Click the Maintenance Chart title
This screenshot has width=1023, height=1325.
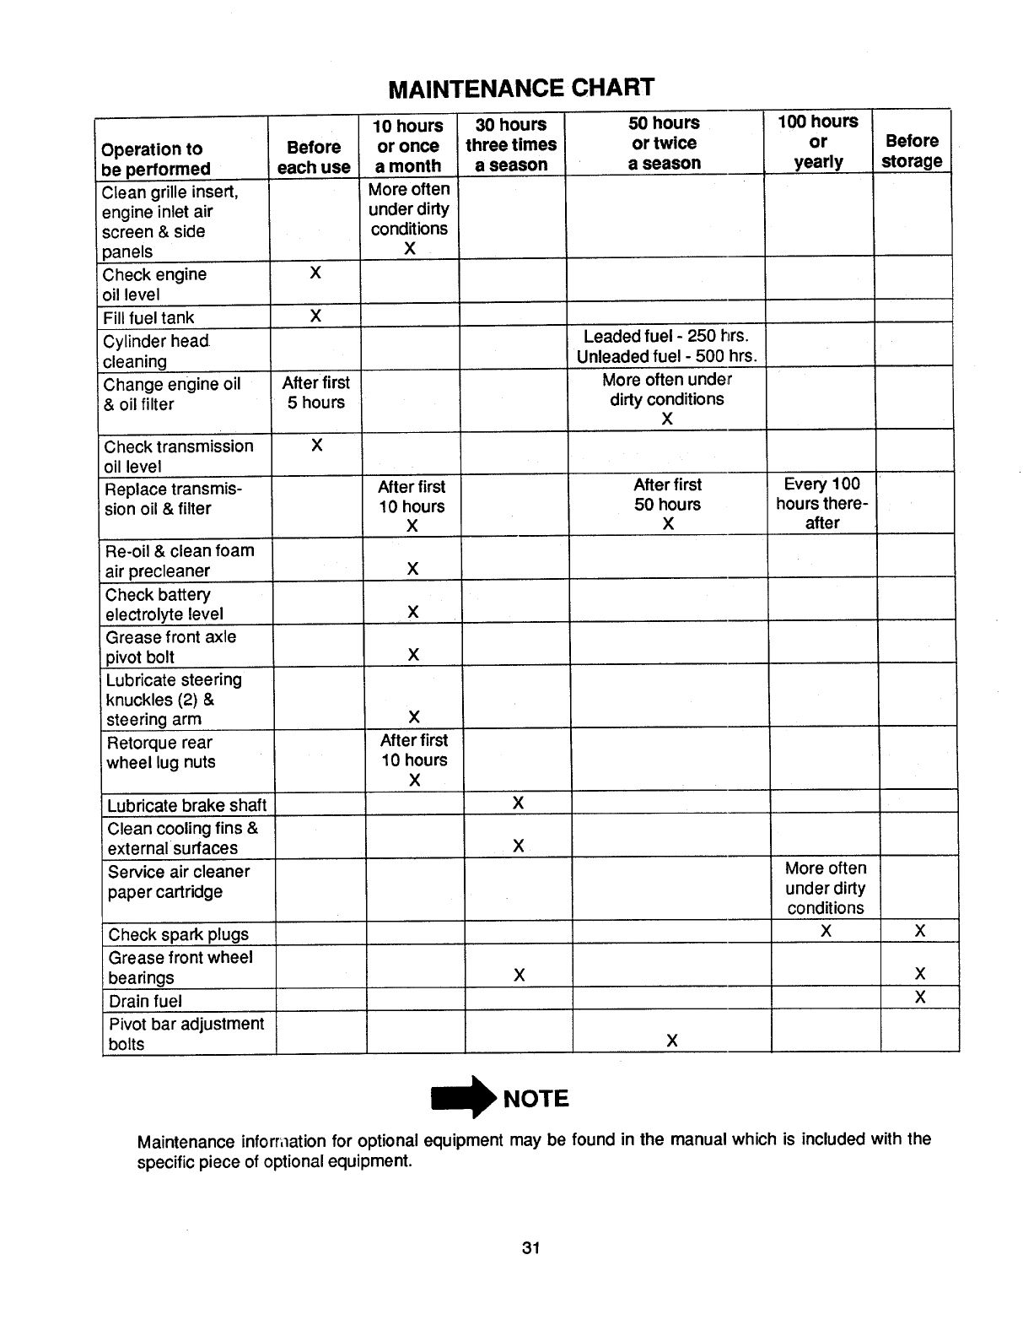pyautogui.click(x=521, y=88)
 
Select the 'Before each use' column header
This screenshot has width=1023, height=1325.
pyautogui.click(x=314, y=157)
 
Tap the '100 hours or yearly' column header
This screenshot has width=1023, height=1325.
pyautogui.click(x=818, y=142)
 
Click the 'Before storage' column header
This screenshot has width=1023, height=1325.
pyautogui.click(x=912, y=151)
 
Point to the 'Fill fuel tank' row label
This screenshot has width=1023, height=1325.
pyautogui.click(x=148, y=318)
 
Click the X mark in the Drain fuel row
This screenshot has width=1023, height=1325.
pyautogui.click(x=920, y=998)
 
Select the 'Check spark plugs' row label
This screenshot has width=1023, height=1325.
pyautogui.click(x=179, y=934)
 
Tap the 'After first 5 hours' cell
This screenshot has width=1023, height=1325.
pyautogui.click(x=315, y=393)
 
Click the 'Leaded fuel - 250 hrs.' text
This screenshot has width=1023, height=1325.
pyautogui.click(x=666, y=336)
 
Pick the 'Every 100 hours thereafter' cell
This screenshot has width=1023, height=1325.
pyautogui.click(x=822, y=504)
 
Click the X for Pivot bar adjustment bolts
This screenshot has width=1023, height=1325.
pyautogui.click(x=671, y=1041)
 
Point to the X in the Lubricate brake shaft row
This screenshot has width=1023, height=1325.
pyautogui.click(x=519, y=803)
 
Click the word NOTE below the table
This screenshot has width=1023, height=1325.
pyautogui.click(x=536, y=1099)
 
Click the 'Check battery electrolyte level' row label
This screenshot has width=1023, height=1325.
pyautogui.click(x=164, y=604)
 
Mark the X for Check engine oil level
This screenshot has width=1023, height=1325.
pyautogui.click(x=315, y=273)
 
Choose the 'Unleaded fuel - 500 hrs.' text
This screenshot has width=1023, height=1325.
pyautogui.click(x=666, y=356)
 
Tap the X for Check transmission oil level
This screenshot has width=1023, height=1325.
pyautogui.click(x=316, y=445)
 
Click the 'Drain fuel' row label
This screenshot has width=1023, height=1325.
pyautogui.click(x=146, y=1001)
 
